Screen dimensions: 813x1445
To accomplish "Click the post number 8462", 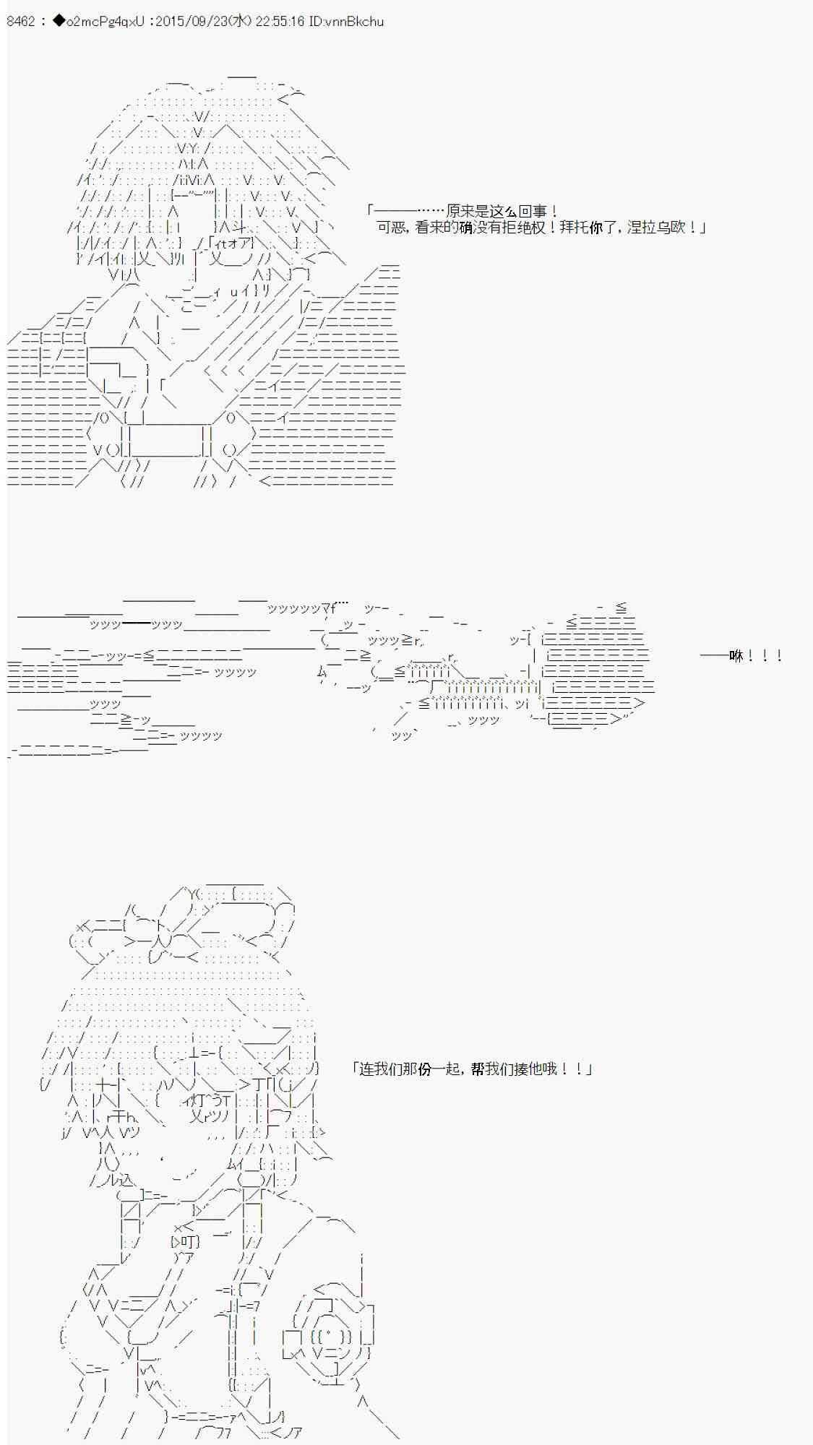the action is (x=20, y=22).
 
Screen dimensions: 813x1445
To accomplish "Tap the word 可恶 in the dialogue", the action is (x=392, y=228).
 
